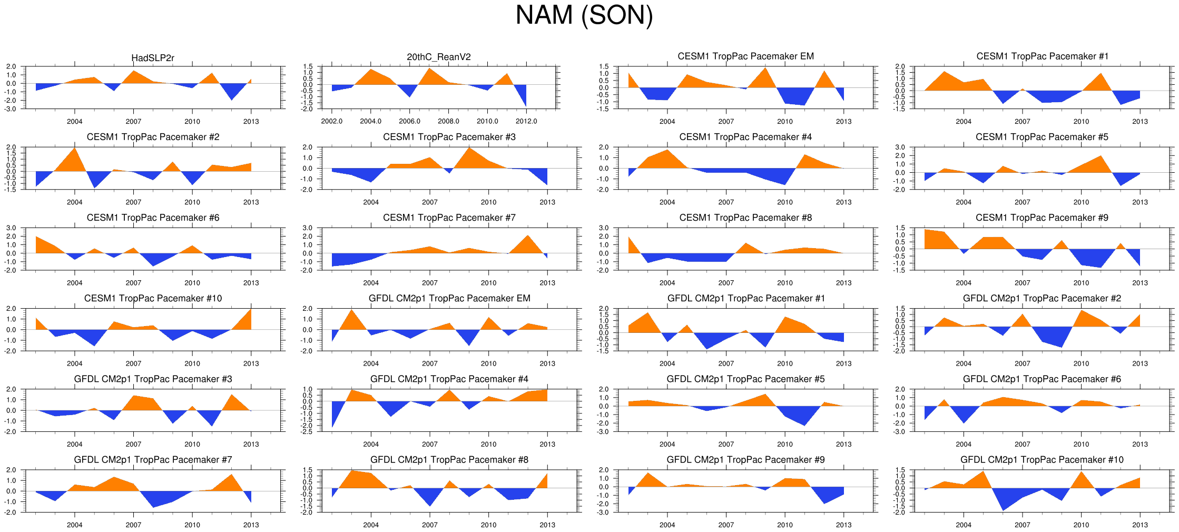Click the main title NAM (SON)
click(x=584, y=15)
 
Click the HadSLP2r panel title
click(x=153, y=58)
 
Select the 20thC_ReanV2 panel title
click(x=439, y=57)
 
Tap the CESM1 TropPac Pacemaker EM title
click(x=745, y=56)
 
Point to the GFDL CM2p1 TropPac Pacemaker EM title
click(x=449, y=298)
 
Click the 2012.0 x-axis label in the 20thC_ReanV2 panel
click(x=526, y=121)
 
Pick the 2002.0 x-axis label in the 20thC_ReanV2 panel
click(x=332, y=121)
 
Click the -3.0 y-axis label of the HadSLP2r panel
click(x=11, y=109)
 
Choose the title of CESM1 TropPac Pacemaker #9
click(x=1042, y=218)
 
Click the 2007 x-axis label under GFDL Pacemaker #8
click(x=430, y=525)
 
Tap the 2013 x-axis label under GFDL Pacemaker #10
click(x=1140, y=525)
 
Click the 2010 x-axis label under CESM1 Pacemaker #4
click(x=785, y=202)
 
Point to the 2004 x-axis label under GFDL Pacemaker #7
click(x=75, y=525)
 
